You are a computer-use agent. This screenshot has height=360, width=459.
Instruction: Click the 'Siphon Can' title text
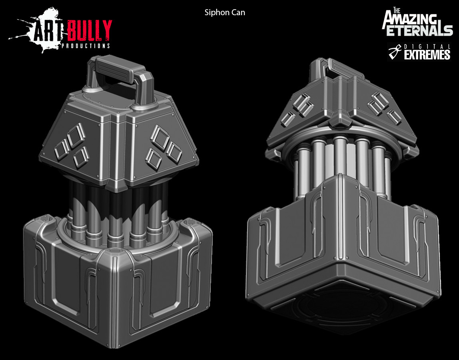225,12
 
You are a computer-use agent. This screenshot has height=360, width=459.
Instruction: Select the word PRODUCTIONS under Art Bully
86,46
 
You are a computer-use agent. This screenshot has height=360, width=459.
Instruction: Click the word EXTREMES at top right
427,55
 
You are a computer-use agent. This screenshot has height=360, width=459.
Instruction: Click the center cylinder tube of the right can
340,158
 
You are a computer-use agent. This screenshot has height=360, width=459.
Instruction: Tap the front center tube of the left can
116,218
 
